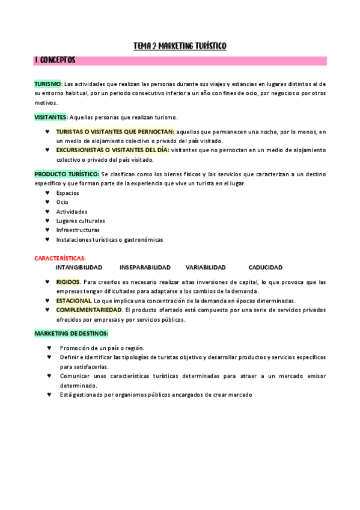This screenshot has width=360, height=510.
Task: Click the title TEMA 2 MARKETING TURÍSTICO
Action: click(x=180, y=46)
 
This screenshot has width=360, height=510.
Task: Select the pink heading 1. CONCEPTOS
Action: click(x=55, y=61)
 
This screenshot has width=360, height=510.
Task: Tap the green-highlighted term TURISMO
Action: click(x=48, y=84)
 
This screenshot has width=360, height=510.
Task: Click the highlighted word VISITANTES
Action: click(x=50, y=117)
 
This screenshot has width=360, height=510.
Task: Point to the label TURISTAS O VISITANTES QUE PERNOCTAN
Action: click(x=115, y=132)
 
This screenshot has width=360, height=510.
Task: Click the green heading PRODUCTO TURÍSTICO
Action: click(x=67, y=174)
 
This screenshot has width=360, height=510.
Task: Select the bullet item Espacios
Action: click(x=67, y=193)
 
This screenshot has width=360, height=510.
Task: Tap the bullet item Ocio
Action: click(x=63, y=202)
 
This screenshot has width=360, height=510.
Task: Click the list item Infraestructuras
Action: click(x=78, y=230)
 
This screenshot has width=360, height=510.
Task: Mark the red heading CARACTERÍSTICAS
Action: click(x=60, y=258)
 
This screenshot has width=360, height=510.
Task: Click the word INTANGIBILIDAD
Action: click(x=79, y=268)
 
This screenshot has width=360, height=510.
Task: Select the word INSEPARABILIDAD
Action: click(x=145, y=268)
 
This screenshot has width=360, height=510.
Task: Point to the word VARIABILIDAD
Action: click(x=206, y=268)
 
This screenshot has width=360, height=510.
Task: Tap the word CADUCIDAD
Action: click(x=265, y=268)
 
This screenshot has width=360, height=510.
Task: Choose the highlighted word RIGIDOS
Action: click(x=68, y=281)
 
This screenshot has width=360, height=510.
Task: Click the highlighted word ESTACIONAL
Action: click(x=74, y=301)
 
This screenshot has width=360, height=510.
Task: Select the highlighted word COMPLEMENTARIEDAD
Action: click(x=89, y=310)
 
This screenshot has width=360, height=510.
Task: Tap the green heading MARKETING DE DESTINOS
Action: click(x=71, y=333)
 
